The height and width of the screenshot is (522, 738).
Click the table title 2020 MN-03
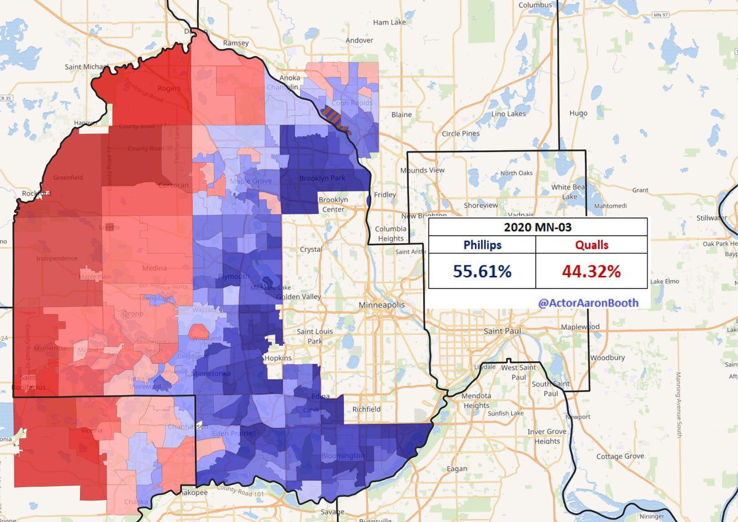point(538,227)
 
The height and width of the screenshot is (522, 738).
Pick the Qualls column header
point(592,245)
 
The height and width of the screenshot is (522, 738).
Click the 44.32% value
point(592,271)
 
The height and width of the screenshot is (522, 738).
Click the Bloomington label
point(343,456)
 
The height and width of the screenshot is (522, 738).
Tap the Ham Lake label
point(390,22)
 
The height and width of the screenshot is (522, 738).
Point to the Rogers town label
point(169,88)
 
